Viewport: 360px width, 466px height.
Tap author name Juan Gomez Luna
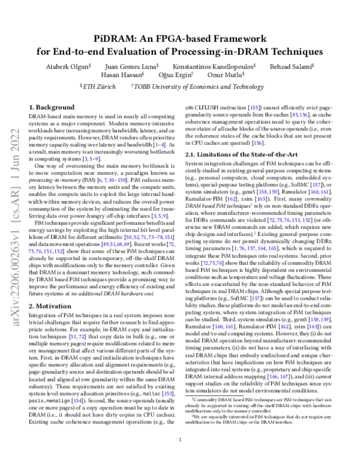click(x=140, y=66)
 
